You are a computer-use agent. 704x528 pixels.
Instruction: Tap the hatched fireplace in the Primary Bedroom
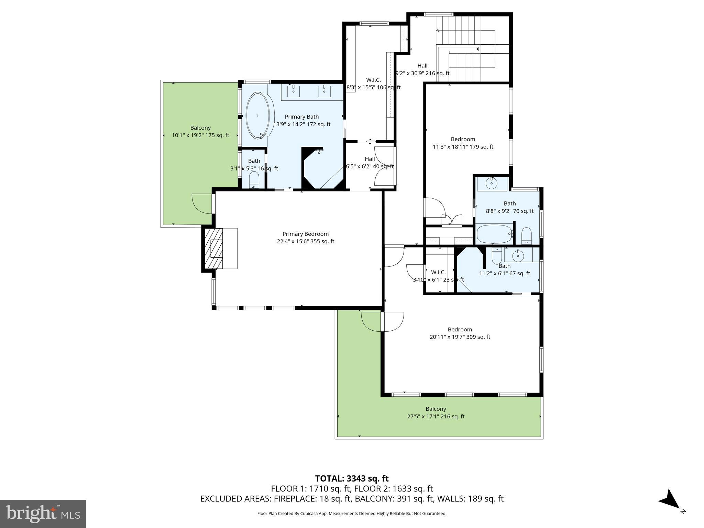tap(214, 248)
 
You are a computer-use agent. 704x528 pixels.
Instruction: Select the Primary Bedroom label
tap(305, 238)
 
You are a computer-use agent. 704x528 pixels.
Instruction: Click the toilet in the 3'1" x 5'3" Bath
tap(254, 180)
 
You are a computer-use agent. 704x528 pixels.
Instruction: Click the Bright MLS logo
tap(43, 514)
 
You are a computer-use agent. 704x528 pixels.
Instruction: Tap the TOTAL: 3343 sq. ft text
tap(352, 478)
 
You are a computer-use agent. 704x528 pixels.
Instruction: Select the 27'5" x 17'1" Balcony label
tap(436, 412)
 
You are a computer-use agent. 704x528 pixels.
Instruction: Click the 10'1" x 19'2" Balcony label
tap(200, 131)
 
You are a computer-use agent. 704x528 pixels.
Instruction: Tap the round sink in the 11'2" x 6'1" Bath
tap(518, 256)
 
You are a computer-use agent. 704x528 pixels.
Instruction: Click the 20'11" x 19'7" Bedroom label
tap(460, 333)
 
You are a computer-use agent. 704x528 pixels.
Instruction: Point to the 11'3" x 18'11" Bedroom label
tap(463, 143)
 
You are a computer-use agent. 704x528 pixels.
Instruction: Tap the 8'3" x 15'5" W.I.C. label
tap(373, 84)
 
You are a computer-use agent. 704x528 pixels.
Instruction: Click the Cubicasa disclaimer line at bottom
tap(352, 514)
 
